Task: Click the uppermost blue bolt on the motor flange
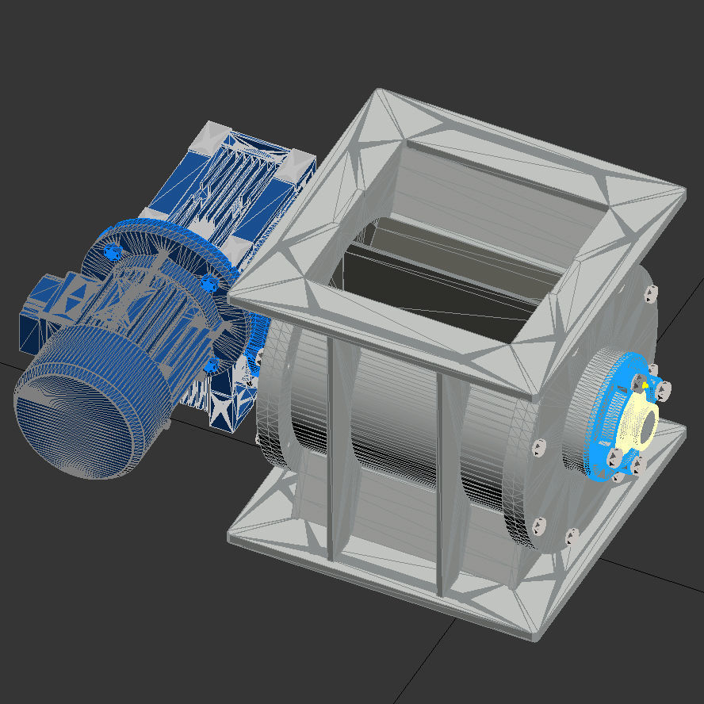click(111, 251)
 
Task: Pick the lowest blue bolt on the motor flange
click(211, 365)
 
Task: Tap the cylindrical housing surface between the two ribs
click(385, 460)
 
